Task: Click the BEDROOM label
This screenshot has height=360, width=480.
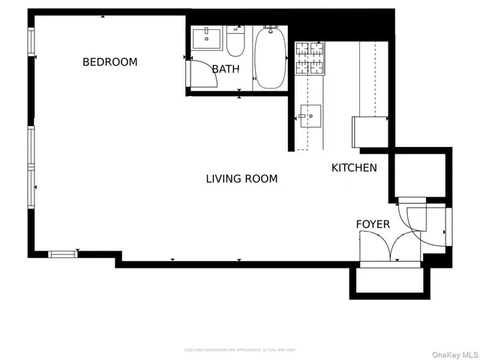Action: [x=109, y=62]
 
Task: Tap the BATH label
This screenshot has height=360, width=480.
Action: [x=225, y=70]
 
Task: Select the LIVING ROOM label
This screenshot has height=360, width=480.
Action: [x=241, y=179]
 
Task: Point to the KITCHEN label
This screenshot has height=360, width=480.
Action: [x=354, y=168]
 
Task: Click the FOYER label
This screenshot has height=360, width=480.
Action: [x=373, y=224]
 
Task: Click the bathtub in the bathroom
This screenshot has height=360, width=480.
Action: [x=270, y=58]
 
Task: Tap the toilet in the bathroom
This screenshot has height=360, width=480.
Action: [x=235, y=43]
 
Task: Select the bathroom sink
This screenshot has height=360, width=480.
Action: [x=205, y=37]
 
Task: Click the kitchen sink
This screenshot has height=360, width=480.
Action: [x=310, y=116]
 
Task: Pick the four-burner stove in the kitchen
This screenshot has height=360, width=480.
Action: [x=310, y=58]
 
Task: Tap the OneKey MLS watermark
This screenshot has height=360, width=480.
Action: [x=453, y=354]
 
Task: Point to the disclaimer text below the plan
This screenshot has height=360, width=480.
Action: [x=240, y=349]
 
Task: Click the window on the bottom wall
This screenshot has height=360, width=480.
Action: [x=63, y=254]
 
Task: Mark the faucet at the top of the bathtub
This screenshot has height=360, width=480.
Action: [x=270, y=29]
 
